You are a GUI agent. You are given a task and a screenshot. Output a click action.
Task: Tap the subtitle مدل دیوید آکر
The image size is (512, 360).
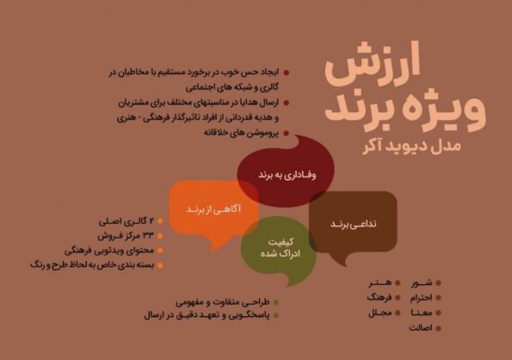412,146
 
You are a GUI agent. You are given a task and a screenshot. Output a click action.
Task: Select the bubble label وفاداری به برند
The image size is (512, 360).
287,175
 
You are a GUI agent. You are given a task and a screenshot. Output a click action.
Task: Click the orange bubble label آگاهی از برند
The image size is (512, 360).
213,209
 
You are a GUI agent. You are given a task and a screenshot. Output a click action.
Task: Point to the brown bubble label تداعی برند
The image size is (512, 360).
354,224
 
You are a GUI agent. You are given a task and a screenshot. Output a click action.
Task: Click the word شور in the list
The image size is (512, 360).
422,282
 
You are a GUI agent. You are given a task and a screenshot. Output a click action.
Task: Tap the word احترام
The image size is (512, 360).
422,298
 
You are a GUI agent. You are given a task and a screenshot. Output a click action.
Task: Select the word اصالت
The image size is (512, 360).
421,327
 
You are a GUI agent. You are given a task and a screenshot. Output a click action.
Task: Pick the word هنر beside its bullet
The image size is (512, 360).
380,282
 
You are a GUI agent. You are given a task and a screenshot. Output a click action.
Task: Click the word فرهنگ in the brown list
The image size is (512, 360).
379,298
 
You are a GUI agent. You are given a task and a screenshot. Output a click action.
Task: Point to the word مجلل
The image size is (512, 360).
379,313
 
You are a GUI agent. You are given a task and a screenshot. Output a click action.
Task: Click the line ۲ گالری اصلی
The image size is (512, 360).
126,221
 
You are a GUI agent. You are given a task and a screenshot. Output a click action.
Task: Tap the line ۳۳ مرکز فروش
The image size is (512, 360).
126,235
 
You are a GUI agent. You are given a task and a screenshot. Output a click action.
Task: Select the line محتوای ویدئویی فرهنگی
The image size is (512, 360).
109,251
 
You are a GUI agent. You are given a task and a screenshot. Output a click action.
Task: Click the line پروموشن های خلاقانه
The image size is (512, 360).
241,133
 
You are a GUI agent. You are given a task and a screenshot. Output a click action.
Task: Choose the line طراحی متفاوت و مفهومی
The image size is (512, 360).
222,302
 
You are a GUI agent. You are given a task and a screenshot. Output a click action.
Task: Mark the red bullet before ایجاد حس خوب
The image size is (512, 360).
287,72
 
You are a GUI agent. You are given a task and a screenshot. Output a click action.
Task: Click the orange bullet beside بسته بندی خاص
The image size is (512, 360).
160,265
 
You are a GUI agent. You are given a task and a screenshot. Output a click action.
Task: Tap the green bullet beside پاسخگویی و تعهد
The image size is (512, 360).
276,315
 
